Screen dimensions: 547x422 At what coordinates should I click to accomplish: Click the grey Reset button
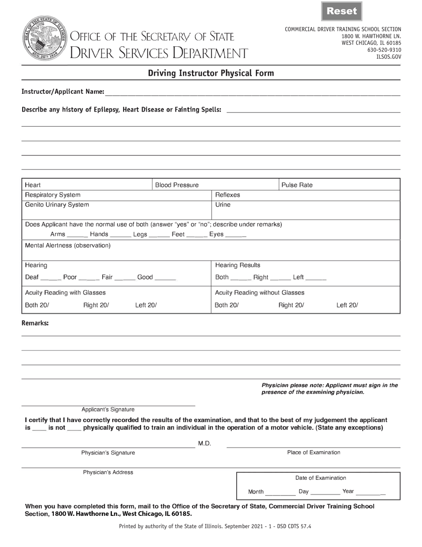pyautogui.click(x=342, y=12)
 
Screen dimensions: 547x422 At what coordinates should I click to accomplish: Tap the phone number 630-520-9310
pyautogui.click(x=384, y=50)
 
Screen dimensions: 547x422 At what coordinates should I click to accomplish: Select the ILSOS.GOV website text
pyautogui.click(x=388, y=57)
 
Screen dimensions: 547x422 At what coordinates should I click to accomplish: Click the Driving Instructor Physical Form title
pyautogui.click(x=211, y=73)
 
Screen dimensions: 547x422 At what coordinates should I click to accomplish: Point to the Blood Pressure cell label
pyautogui.click(x=177, y=185)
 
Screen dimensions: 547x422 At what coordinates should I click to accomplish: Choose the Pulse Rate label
pyautogui.click(x=297, y=185)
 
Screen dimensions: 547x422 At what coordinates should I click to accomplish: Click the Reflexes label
pyautogui.click(x=227, y=195)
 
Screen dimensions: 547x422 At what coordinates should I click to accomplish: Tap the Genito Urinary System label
pyautogui.click(x=57, y=205)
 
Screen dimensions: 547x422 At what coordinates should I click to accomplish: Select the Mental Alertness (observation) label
pyautogui.click(x=68, y=245)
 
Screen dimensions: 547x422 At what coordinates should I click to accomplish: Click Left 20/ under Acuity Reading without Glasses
pyautogui.click(x=347, y=305)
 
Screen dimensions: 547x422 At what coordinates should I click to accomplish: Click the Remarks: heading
pyautogui.click(x=35, y=323)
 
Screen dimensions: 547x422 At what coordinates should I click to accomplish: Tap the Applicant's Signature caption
pyautogui.click(x=108, y=410)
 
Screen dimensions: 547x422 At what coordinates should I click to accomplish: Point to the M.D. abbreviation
pyautogui.click(x=204, y=443)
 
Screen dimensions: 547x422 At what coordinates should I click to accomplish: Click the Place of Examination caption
pyautogui.click(x=314, y=453)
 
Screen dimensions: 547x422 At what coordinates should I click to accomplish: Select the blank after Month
pyautogui.click(x=280, y=493)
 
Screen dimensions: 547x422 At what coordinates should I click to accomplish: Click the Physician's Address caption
pyautogui.click(x=108, y=472)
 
